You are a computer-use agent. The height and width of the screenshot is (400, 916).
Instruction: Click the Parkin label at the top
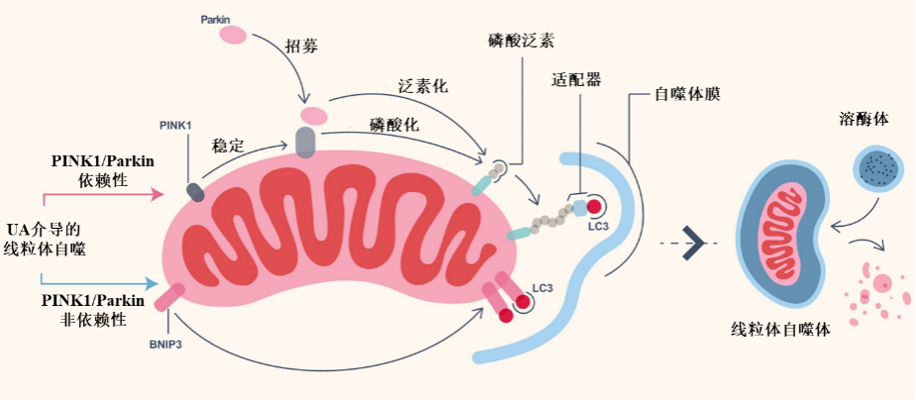217,19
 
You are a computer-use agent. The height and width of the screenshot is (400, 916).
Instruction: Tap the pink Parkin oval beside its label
233,36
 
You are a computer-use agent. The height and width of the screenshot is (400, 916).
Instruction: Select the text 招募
301,47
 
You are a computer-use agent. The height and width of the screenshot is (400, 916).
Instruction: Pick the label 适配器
576,79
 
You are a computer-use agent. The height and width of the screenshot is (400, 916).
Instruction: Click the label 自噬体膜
687,95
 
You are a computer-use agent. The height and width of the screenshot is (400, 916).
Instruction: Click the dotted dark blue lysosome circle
881,168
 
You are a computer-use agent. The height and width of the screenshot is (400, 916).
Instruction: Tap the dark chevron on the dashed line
699,244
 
